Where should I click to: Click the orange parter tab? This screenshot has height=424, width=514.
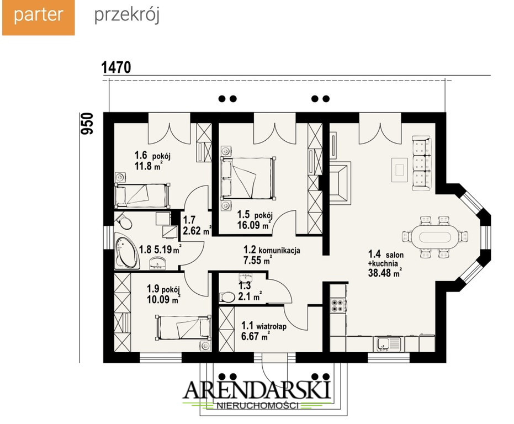[38, 17]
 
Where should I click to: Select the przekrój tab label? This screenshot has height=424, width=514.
[127, 15]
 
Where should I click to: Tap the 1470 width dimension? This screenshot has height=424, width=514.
[116, 67]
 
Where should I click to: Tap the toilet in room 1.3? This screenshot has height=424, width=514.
[227, 297]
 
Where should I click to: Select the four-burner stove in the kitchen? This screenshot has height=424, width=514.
[338, 305]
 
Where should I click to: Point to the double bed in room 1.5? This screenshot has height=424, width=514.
[247, 178]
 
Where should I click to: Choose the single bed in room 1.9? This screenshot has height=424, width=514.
[183, 327]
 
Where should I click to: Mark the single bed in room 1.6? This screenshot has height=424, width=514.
[142, 195]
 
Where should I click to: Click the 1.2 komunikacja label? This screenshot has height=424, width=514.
[272, 251]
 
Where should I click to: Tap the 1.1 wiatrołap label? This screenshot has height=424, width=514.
[264, 326]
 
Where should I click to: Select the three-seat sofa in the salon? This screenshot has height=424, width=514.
[421, 163]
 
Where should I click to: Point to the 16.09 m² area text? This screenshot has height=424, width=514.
[254, 225]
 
